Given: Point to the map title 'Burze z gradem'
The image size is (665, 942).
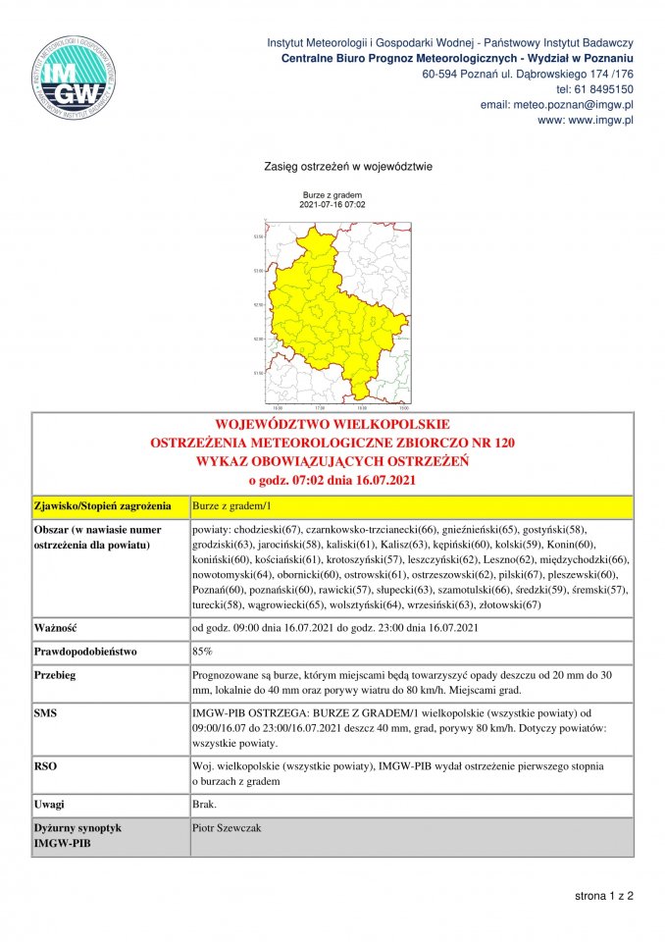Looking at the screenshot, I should (332, 195).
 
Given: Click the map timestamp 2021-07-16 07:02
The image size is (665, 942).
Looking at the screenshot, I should (332, 204).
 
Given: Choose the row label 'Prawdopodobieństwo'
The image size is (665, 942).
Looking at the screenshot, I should (86, 651).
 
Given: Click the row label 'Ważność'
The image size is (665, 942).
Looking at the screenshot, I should (56, 627).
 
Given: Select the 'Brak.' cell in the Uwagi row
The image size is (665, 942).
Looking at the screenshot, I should (206, 805).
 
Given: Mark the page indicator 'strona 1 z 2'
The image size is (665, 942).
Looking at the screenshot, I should (604, 896).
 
